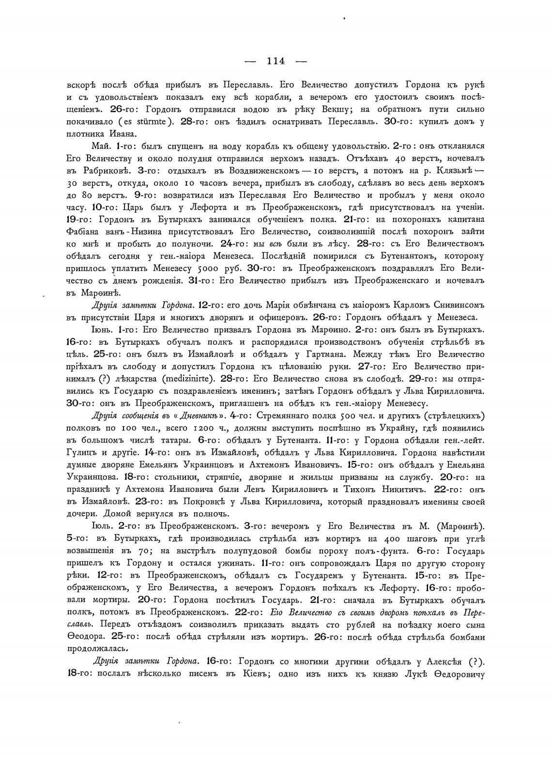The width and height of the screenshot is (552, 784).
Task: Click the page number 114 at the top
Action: [276, 61]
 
